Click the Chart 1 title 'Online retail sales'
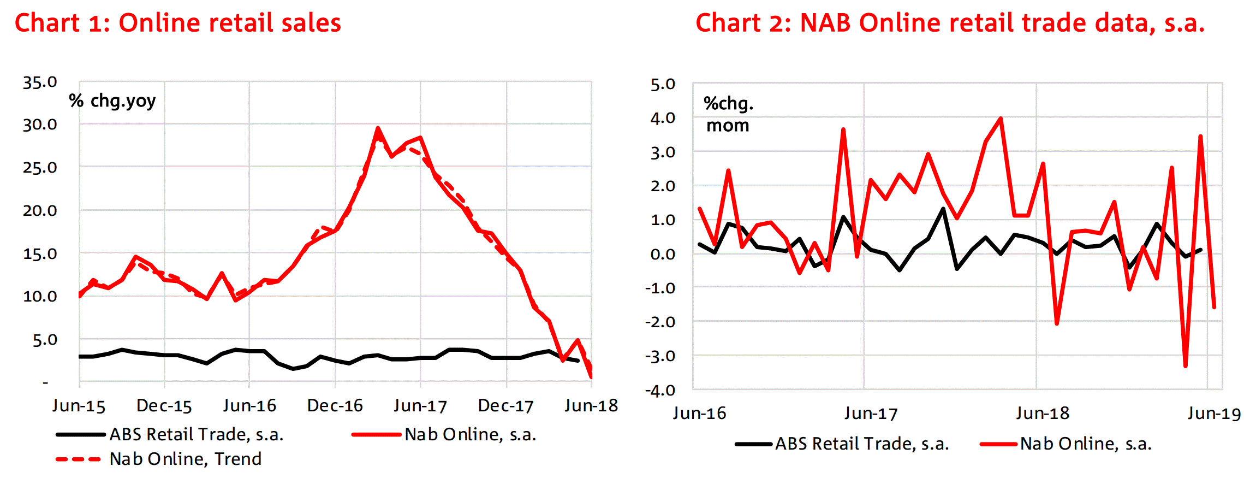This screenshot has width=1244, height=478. pos(177,23)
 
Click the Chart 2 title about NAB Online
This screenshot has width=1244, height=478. pos(950,23)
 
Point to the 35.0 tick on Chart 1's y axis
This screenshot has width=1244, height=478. pos(40,82)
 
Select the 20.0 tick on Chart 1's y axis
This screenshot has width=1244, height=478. pos(40,210)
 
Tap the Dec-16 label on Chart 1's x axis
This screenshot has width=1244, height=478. pos(335,405)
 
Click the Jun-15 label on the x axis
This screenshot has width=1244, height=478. pos(79,405)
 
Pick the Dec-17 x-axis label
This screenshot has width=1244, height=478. pos(505,405)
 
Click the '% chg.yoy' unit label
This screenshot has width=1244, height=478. pos(112,101)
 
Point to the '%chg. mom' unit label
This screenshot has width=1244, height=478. pos(728,114)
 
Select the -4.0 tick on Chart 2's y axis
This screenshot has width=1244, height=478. pos(660,390)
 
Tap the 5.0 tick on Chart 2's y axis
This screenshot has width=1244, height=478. pos(663,84)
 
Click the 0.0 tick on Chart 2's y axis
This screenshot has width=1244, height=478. pos(663,254)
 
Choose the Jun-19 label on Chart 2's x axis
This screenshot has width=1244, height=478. pos(1214,413)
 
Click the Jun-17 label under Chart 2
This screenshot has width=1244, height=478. pos(871,413)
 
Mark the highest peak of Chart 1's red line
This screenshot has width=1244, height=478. pos(378,128)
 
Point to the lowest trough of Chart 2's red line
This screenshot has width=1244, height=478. pos(1186,366)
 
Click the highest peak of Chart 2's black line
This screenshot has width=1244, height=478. pos(943,209)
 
